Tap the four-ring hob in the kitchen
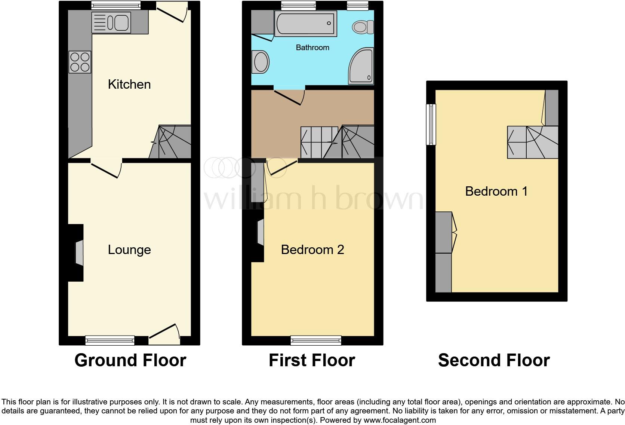coord(80,62)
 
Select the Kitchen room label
coord(129,85)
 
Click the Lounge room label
coord(129,250)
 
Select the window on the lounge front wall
coord(110,340)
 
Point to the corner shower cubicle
coord(361,67)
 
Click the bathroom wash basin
coord(261,62)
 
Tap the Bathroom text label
coord(312,48)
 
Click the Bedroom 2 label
coord(312,250)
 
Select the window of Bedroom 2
coord(316,340)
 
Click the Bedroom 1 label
coord(496,192)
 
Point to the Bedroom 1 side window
coord(431,124)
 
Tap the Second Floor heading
coord(493,360)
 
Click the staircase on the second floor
coord(532,142)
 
